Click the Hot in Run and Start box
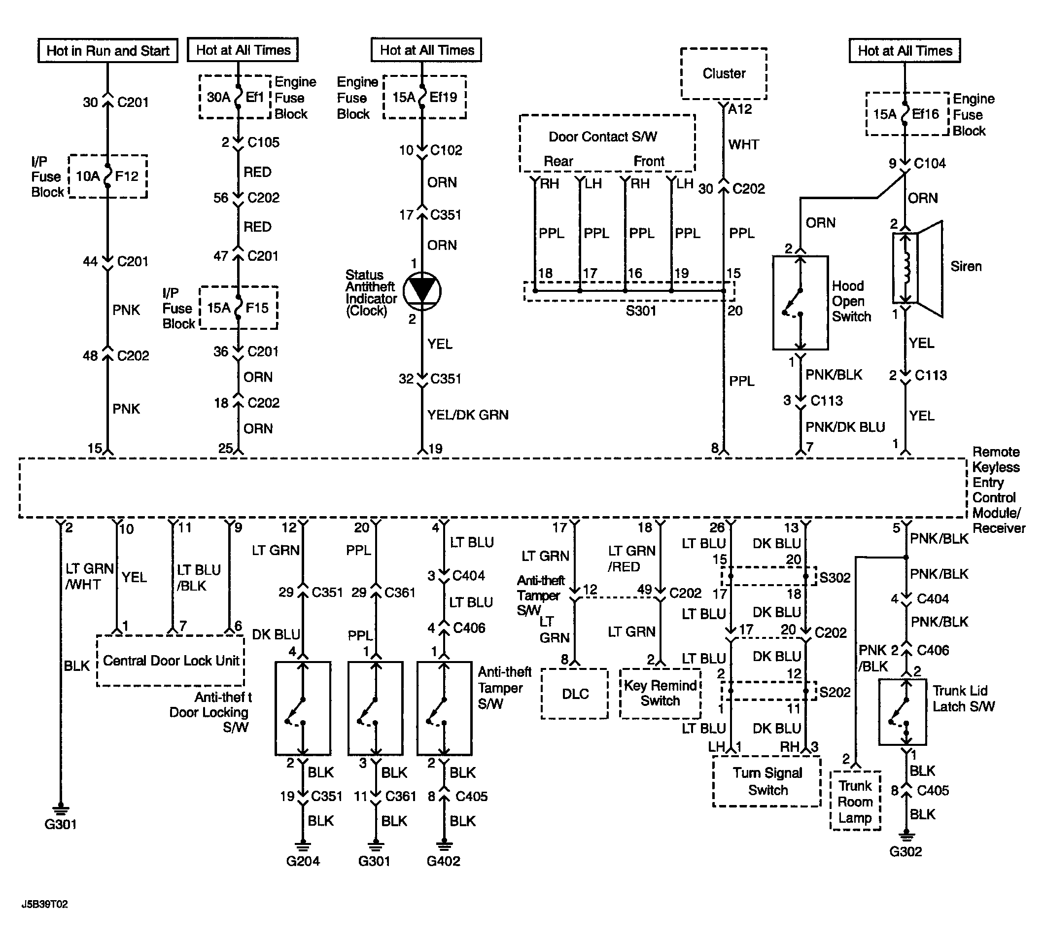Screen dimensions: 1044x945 pyautogui.click(x=108, y=50)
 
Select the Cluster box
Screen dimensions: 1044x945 pyautogui.click(x=724, y=73)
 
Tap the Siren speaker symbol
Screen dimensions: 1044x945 pyautogui.click(x=917, y=268)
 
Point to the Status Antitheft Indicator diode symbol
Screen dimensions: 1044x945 pyautogui.click(x=422, y=291)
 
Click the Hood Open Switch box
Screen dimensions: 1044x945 pyautogui.click(x=800, y=303)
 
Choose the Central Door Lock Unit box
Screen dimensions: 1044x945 pyautogui.click(x=171, y=660)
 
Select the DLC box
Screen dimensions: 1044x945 pyautogui.click(x=575, y=694)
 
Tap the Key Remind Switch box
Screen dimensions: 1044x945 pyautogui.click(x=661, y=694)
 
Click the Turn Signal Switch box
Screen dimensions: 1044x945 pyautogui.click(x=767, y=781)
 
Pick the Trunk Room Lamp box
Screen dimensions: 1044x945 pyautogui.click(x=855, y=801)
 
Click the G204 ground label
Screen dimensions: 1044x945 pyautogui.click(x=303, y=861)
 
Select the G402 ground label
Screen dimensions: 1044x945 pyautogui.click(x=443, y=861)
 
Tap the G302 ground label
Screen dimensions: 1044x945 pyautogui.click(x=905, y=851)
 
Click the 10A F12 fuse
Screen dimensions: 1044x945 pyautogui.click(x=108, y=176)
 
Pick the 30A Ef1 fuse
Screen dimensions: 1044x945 pyautogui.click(x=238, y=97)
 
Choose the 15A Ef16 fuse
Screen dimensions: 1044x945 pyautogui.click(x=905, y=114)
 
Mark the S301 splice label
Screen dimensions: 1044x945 pyautogui.click(x=641, y=311)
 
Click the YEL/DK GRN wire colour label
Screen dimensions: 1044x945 pyautogui.click(x=468, y=414)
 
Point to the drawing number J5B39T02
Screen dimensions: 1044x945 pyautogui.click(x=44, y=904)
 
